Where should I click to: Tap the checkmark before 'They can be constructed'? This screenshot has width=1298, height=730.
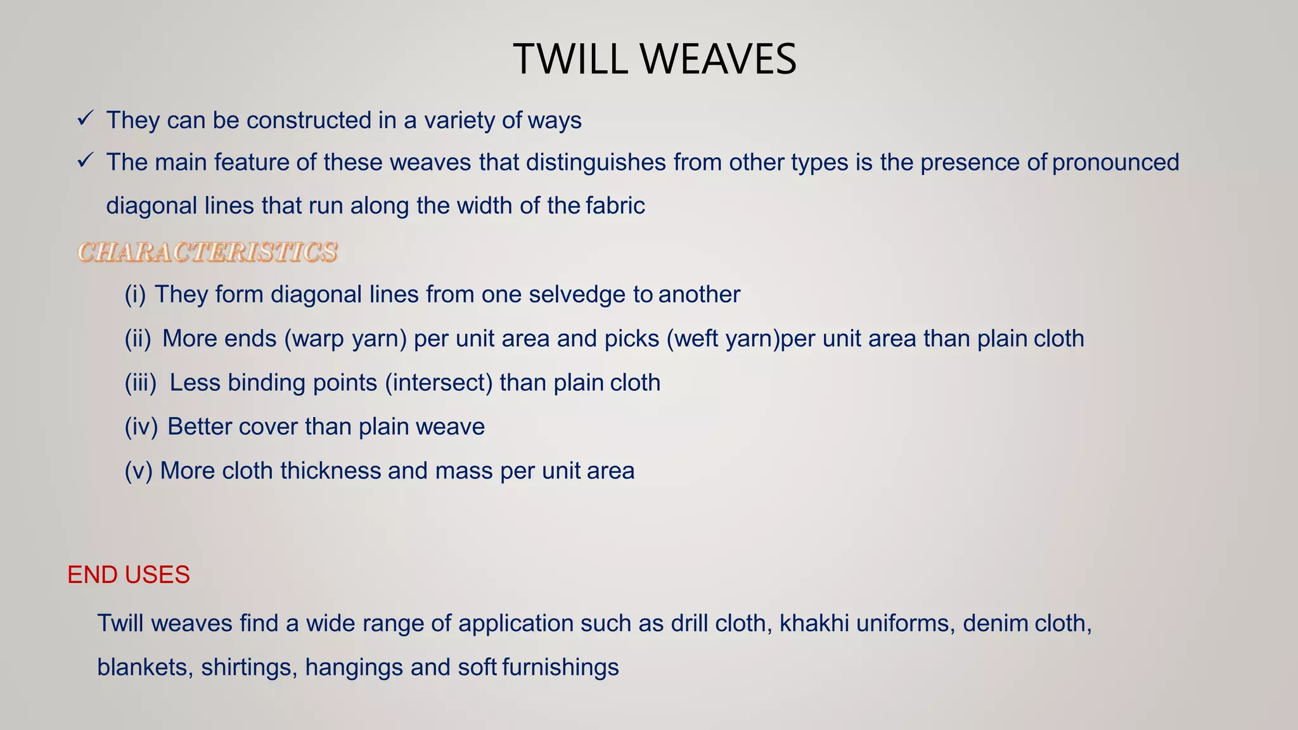pyautogui.click(x=86, y=118)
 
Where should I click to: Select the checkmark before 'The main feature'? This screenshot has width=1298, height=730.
pyautogui.click(x=86, y=160)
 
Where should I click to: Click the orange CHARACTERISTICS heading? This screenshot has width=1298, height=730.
pyautogui.click(x=207, y=252)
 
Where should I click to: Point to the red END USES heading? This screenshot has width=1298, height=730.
pyautogui.click(x=129, y=575)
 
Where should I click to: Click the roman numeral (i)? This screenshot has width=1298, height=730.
pyautogui.click(x=135, y=295)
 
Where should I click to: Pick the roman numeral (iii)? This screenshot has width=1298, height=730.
pyautogui.click(x=140, y=383)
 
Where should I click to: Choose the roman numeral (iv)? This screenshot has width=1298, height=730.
pyautogui.click(x=141, y=426)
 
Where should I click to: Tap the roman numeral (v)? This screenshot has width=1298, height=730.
pyautogui.click(x=138, y=471)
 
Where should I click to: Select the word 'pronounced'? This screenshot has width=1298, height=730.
pyautogui.click(x=1115, y=162)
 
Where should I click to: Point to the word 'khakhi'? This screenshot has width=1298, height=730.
pyautogui.click(x=814, y=624)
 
